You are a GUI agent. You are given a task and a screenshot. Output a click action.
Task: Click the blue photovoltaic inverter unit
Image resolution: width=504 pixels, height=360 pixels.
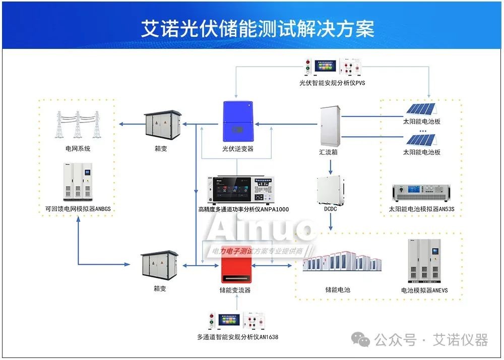point(238,122)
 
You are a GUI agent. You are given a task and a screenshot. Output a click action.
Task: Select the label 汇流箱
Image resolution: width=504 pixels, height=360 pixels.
point(328,151)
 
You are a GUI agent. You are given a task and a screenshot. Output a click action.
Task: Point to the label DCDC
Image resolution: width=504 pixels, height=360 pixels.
point(331,209)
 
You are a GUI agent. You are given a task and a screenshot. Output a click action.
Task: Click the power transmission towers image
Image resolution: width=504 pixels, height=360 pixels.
point(77,124)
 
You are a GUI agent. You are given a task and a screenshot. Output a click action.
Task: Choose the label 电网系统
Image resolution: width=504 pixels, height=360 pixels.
point(78,149)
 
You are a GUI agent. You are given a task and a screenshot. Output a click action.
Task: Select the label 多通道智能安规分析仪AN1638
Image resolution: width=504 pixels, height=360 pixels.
point(237,337)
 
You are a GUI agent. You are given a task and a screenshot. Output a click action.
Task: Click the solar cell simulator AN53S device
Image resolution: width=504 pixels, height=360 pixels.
point(421,193)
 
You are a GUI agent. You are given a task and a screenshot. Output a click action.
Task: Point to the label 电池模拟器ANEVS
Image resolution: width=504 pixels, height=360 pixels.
point(424,290)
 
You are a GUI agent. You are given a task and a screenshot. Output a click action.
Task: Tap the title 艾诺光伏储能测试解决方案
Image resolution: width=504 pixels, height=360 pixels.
point(258,28)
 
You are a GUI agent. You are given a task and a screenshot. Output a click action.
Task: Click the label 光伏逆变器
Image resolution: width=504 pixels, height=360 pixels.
point(238,149)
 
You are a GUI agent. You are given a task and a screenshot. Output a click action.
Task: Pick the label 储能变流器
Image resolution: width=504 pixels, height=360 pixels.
point(235,290)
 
